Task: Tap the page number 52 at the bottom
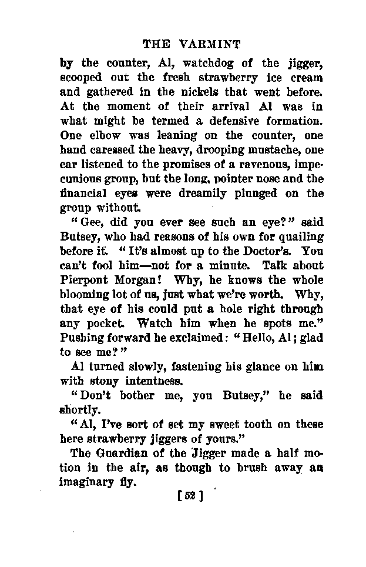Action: point(190,496)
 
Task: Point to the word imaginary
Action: point(88,482)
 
